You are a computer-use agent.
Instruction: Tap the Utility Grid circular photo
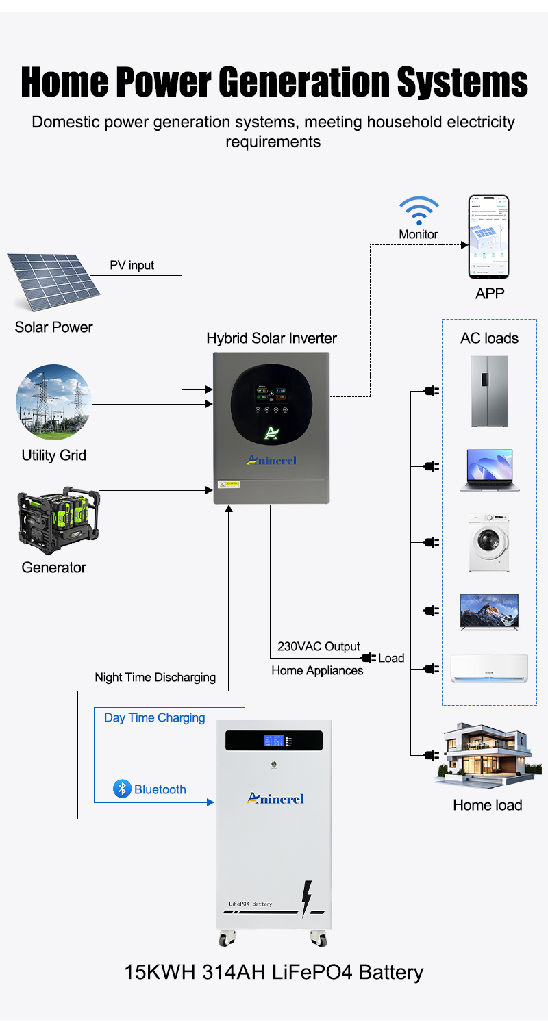click(53, 403)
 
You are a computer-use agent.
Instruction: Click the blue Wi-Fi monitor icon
click(419, 210)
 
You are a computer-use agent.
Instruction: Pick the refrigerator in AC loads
click(489, 391)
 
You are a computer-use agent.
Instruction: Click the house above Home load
click(487, 757)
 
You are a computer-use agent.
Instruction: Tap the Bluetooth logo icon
click(122, 789)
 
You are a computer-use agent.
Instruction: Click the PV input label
click(132, 265)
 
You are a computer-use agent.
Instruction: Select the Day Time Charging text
click(154, 717)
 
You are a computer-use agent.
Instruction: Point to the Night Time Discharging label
click(155, 677)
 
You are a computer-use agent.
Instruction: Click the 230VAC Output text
click(319, 646)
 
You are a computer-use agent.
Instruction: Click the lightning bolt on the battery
click(307, 900)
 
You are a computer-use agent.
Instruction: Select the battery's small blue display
click(274, 740)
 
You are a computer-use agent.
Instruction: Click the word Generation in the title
click(306, 83)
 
